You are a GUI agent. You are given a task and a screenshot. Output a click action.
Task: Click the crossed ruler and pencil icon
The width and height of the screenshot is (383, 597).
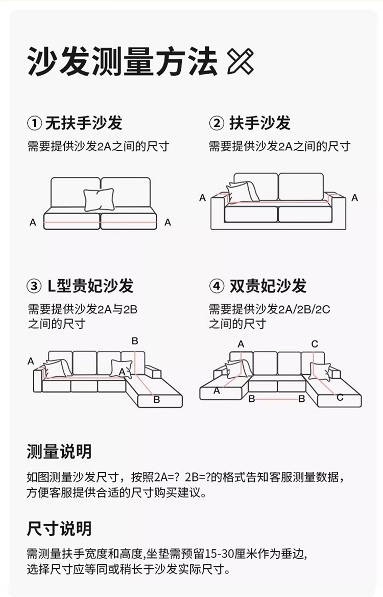[241, 61]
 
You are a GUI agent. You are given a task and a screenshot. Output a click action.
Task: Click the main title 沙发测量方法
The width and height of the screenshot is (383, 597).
[123, 62]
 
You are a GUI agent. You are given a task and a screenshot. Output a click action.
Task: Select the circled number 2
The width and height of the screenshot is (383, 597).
[217, 123]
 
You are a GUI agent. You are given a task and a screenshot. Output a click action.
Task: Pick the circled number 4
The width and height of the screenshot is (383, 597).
[217, 286]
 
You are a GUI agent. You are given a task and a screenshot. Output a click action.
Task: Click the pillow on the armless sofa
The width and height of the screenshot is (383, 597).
[99, 199]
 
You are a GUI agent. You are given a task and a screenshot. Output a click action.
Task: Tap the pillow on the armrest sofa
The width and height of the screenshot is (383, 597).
[242, 192]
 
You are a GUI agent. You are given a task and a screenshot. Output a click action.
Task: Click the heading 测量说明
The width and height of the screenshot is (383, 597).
[59, 451]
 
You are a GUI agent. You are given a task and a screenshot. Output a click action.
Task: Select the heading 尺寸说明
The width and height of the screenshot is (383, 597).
[59, 529]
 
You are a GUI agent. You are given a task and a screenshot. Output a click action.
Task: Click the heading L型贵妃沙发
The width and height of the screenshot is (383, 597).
[90, 286]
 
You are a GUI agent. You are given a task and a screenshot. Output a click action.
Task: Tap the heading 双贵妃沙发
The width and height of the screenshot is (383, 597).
[268, 286]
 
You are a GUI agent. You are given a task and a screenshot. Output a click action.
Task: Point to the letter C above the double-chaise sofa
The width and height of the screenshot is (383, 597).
[315, 344]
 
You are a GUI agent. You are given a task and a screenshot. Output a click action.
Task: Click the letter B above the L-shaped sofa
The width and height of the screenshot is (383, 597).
[135, 341]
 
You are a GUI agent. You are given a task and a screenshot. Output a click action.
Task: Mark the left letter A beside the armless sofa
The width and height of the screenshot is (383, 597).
[33, 222]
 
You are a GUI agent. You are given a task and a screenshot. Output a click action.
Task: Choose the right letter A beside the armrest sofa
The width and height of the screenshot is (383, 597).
[354, 198]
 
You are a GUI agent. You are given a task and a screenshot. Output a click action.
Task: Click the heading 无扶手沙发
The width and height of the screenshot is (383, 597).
[84, 123]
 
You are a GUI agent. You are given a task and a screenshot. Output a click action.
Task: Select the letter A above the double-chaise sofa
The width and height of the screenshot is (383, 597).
[241, 344]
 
